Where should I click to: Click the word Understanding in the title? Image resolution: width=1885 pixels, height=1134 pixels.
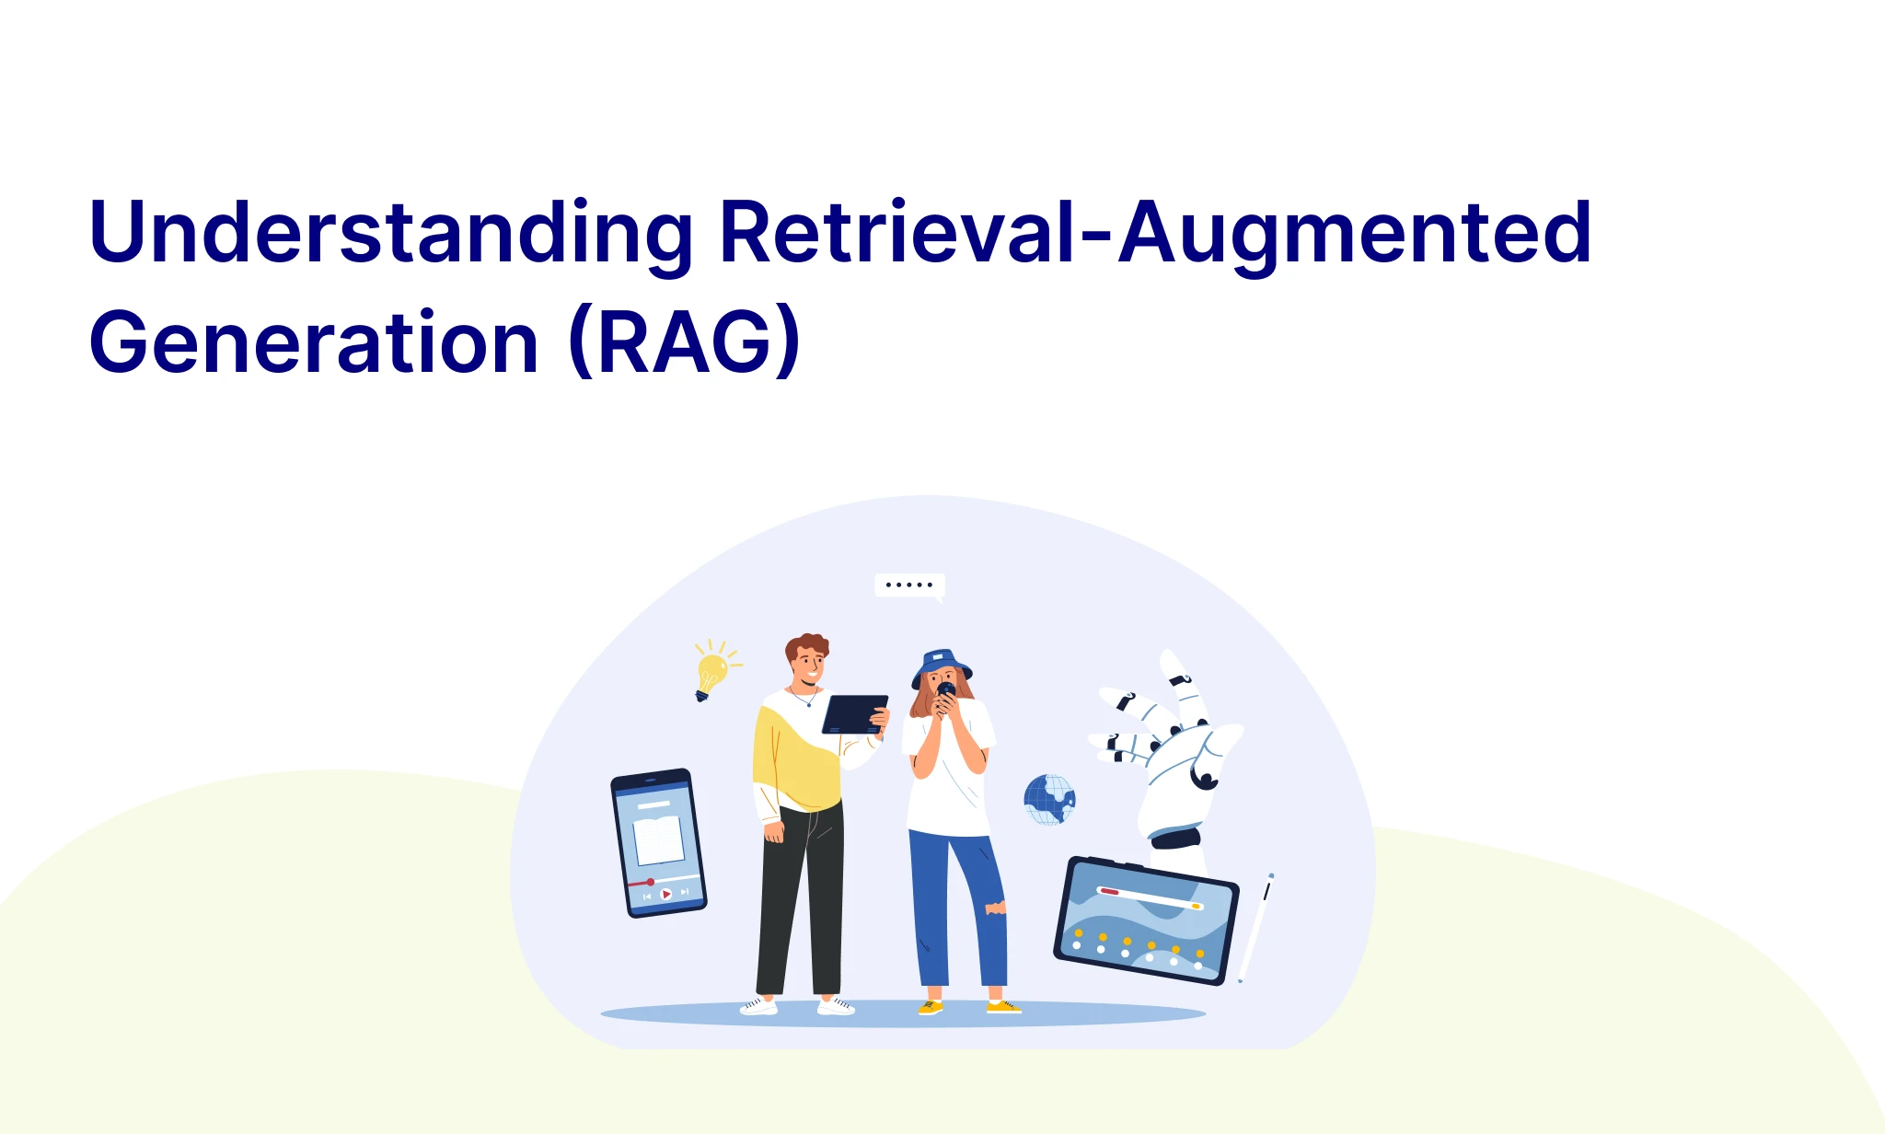click(391, 235)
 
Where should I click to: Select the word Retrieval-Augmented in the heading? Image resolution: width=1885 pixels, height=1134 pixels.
click(1156, 235)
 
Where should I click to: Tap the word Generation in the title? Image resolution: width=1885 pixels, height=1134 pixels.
click(314, 341)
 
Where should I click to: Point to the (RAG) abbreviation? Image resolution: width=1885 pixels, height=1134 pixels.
click(685, 341)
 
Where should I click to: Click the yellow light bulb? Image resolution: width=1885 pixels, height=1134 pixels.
click(713, 671)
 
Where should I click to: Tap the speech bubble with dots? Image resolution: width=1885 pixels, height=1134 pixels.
click(909, 585)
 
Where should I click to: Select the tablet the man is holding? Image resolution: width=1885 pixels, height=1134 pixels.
click(854, 714)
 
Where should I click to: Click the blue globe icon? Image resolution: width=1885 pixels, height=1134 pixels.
click(1049, 799)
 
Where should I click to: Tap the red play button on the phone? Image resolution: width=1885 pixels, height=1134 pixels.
click(665, 894)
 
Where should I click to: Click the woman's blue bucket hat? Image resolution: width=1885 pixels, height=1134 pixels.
click(941, 666)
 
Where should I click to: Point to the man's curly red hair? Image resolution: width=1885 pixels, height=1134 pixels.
click(807, 645)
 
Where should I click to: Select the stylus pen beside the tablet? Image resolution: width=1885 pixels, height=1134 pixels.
click(1256, 928)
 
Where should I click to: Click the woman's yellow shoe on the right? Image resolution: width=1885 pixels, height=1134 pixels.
click(1003, 1007)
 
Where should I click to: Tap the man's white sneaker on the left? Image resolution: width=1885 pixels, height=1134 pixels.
click(759, 1006)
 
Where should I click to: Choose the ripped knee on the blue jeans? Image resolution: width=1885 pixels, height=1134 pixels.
click(996, 908)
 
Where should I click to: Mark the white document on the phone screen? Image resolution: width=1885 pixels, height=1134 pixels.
click(659, 839)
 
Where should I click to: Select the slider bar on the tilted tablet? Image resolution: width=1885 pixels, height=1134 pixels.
click(1150, 898)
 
